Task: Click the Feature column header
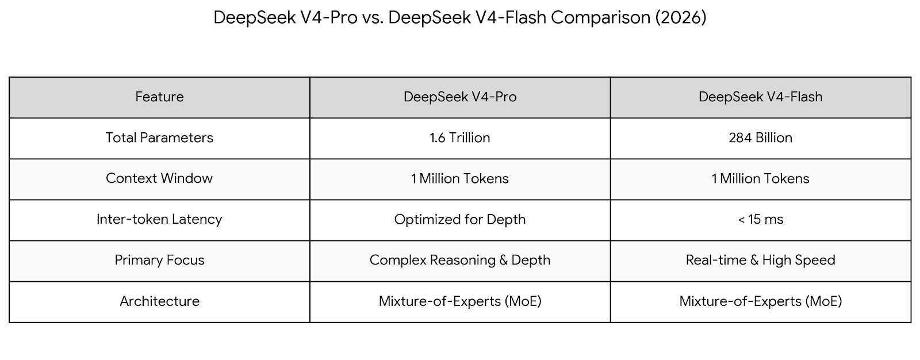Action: tap(159, 97)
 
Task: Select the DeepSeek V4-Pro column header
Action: tap(459, 97)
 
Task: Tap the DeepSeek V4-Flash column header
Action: tap(760, 97)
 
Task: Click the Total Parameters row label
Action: tap(159, 138)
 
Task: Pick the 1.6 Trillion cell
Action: tap(459, 138)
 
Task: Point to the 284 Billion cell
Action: tap(760, 138)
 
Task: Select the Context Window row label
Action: tap(159, 179)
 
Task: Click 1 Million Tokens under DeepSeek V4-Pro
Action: tap(459, 179)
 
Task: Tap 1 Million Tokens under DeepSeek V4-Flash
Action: tap(760, 179)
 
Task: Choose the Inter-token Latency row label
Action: tap(159, 220)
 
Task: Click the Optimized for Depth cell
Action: tap(459, 220)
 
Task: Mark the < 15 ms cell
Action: tap(760, 220)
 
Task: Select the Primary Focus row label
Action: tap(159, 261)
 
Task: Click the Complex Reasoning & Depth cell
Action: tap(459, 261)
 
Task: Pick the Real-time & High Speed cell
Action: tap(760, 261)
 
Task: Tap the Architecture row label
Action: tap(159, 301)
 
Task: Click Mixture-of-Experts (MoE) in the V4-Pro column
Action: tap(459, 301)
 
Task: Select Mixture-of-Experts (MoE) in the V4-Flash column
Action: tap(760, 301)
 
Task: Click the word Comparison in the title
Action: tap(600, 18)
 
